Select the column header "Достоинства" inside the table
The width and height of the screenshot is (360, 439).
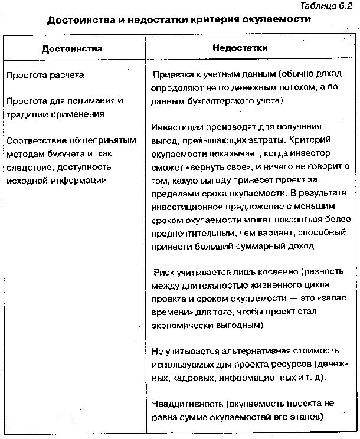[72, 48]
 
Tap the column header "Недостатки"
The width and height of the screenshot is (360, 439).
[240, 48]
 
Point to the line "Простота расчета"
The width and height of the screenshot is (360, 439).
[45, 76]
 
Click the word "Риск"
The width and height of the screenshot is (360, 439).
[165, 273]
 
